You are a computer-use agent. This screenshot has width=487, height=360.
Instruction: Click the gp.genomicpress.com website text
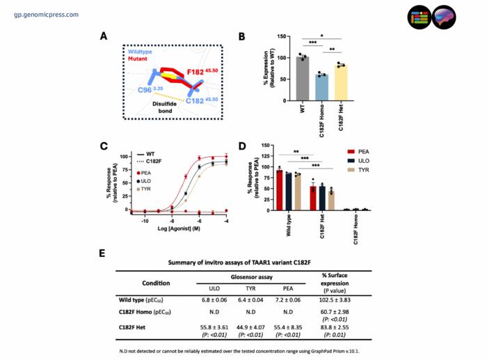[46, 14]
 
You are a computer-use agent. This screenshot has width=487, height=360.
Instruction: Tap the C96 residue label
[147, 91]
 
